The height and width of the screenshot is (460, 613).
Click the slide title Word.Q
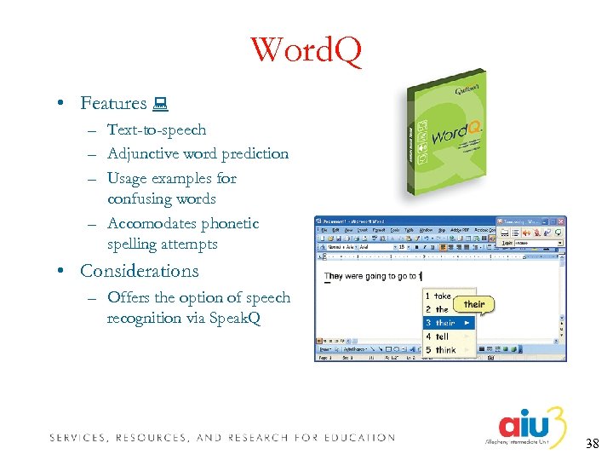306,50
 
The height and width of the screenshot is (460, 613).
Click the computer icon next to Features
159,104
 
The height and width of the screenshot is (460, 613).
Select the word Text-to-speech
157,130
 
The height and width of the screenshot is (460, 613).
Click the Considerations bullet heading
139,271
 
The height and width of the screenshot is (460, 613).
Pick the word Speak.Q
232,318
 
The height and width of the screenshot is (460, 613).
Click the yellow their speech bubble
474,304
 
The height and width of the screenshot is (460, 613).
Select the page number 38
593,443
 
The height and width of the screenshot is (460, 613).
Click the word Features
113,103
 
